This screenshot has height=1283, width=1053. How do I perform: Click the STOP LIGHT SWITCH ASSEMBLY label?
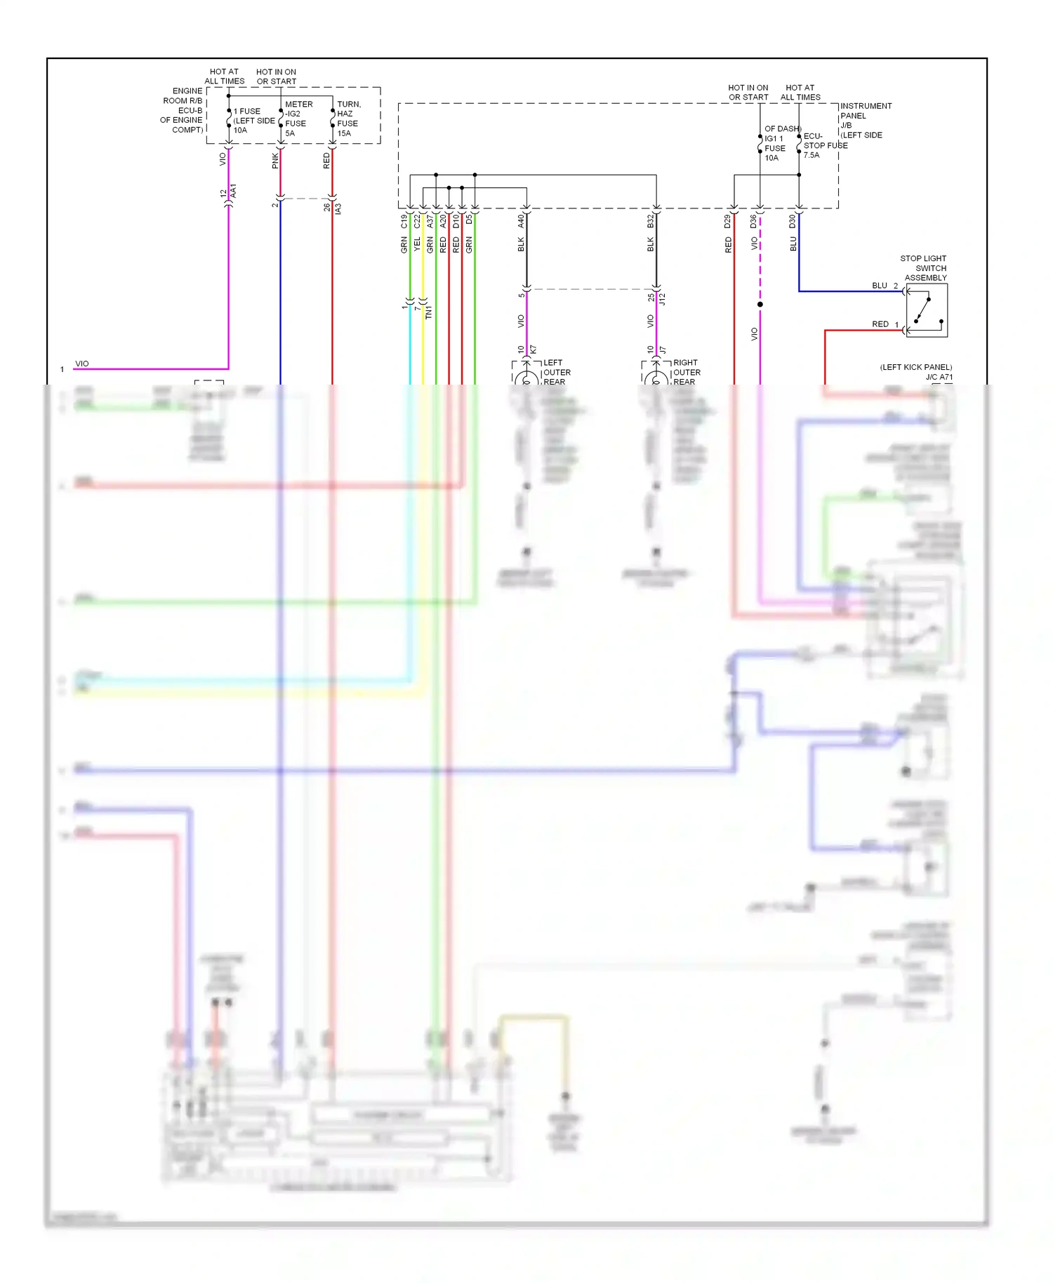(924, 268)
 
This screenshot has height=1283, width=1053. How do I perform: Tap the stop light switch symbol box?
(927, 311)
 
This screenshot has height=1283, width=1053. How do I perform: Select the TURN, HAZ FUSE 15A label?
(349, 119)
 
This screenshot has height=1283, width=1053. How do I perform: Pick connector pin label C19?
(404, 221)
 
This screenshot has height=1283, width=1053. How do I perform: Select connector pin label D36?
(754, 221)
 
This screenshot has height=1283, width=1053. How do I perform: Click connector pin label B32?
(651, 221)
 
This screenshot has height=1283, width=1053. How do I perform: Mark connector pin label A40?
(521, 221)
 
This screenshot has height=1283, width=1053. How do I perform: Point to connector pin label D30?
(793, 221)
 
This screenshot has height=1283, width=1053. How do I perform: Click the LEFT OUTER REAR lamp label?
(557, 373)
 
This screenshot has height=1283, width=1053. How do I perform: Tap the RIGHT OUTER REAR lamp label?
(686, 373)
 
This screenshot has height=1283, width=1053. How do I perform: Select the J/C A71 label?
(939, 378)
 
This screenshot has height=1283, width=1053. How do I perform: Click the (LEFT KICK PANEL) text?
(916, 367)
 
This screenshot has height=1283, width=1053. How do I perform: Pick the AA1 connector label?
(234, 191)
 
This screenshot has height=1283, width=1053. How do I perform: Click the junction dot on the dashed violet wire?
(760, 305)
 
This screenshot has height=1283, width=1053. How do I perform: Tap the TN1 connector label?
(429, 312)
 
